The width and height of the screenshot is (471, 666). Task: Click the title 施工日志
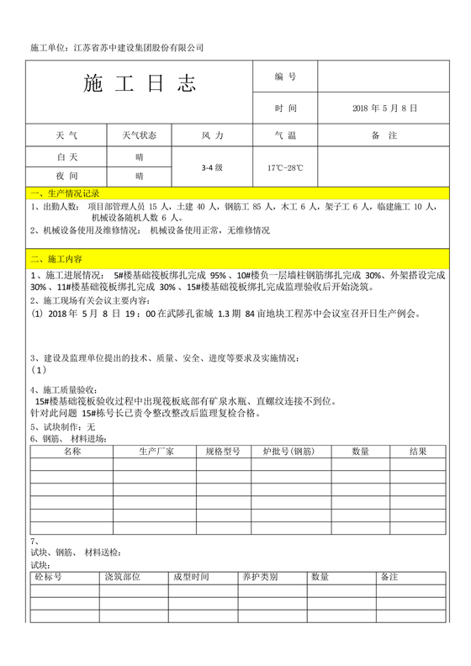[140, 84]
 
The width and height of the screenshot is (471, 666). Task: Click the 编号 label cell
[285, 77]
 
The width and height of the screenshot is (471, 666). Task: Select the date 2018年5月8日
[385, 108]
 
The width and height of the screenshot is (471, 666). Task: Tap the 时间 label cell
[285, 108]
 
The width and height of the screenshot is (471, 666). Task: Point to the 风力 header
[213, 135]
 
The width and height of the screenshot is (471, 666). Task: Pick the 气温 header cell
[285, 135]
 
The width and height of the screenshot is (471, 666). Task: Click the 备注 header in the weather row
[385, 135]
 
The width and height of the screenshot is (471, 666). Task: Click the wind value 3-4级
[212, 167]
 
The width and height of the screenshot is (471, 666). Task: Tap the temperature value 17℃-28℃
[285, 167]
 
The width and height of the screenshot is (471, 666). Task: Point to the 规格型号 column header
[223, 452]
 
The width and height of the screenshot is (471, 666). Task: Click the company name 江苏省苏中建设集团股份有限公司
[139, 47]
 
